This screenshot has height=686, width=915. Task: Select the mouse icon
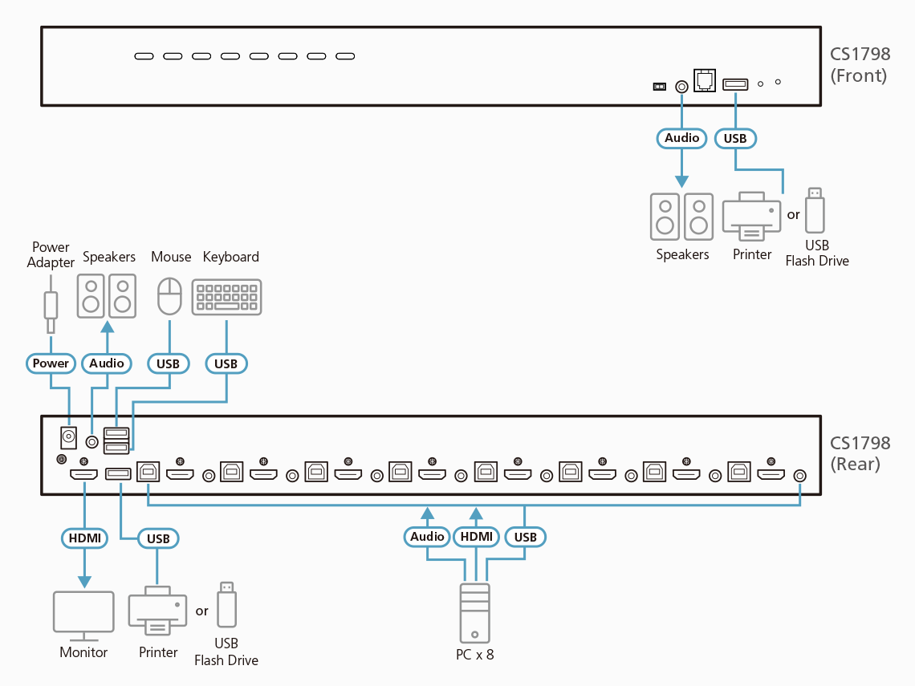(x=169, y=297)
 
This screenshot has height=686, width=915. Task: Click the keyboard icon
(x=226, y=297)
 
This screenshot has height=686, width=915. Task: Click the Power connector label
(x=51, y=363)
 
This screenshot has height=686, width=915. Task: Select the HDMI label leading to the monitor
(x=84, y=538)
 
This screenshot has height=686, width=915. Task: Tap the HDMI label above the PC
(x=476, y=537)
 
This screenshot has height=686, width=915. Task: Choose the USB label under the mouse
(x=169, y=363)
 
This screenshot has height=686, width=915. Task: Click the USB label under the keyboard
(x=226, y=363)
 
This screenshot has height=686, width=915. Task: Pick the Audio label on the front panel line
(x=682, y=138)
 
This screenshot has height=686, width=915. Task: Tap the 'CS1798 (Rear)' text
(x=860, y=453)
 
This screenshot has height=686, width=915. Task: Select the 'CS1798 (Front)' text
(x=860, y=65)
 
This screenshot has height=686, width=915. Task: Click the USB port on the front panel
(x=735, y=83)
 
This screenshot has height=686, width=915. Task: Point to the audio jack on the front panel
(x=682, y=85)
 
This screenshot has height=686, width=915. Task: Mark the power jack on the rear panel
(x=68, y=437)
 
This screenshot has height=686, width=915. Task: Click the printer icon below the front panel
(x=751, y=217)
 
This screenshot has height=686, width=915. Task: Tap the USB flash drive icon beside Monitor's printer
(x=226, y=606)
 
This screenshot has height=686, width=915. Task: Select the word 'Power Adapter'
(x=51, y=254)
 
